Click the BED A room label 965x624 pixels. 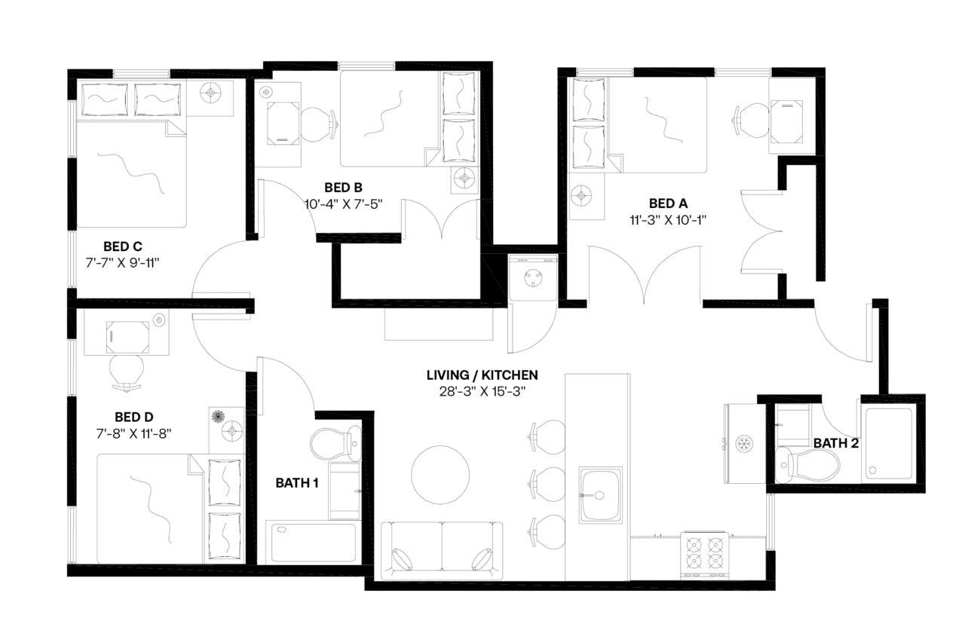pyautogui.click(x=668, y=203)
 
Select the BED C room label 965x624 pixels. pyautogui.click(x=123, y=246)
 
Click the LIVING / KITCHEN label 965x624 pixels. pyautogui.click(x=482, y=375)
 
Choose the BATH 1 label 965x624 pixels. pyautogui.click(x=296, y=483)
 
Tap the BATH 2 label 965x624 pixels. pyautogui.click(x=835, y=443)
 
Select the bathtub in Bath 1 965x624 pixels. pyautogui.click(x=313, y=542)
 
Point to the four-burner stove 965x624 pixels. pyautogui.click(x=704, y=555)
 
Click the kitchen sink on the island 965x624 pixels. pyautogui.click(x=601, y=494)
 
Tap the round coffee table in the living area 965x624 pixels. pyautogui.click(x=440, y=474)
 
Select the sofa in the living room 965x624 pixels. pyautogui.click(x=442, y=550)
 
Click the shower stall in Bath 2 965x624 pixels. pyautogui.click(x=889, y=442)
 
